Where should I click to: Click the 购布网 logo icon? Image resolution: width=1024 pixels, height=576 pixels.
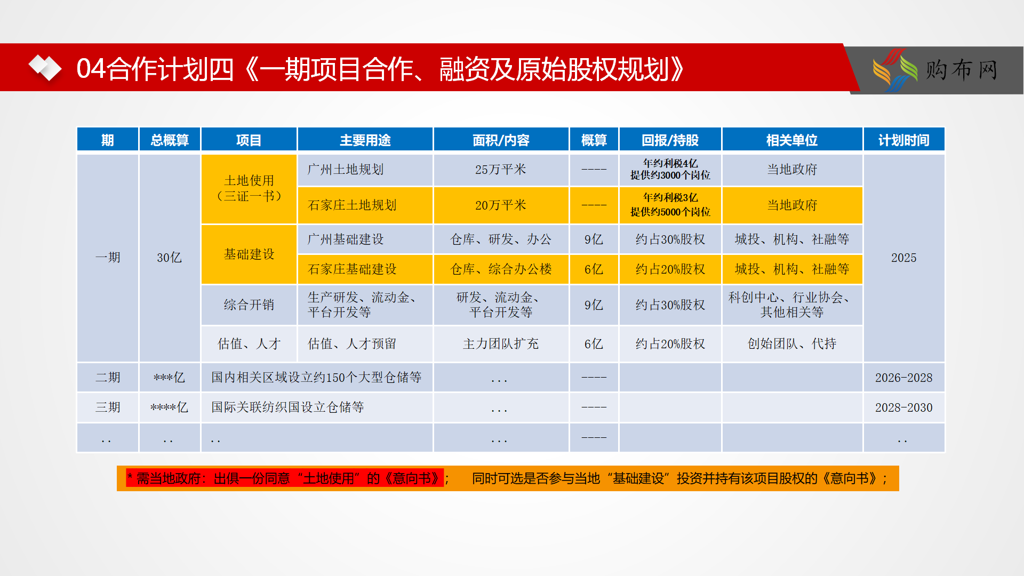(x=895, y=70)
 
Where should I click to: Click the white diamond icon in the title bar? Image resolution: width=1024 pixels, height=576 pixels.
(x=45, y=68)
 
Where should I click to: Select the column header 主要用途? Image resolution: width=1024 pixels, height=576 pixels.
(x=365, y=140)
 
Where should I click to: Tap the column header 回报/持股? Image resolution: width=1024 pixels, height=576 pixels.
(x=670, y=140)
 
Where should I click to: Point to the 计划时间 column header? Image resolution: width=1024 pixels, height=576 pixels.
(x=903, y=140)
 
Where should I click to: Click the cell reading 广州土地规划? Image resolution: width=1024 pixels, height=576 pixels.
(x=365, y=170)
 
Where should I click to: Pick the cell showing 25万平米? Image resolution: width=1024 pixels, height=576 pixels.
(x=501, y=170)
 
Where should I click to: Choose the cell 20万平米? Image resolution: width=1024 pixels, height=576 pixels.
(x=501, y=205)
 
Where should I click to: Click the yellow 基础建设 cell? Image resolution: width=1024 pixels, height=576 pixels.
(x=249, y=254)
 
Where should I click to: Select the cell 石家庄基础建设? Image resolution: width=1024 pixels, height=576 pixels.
(x=365, y=269)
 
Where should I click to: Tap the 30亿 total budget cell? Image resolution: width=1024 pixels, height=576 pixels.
(x=170, y=258)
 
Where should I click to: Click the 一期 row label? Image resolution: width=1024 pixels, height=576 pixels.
(x=108, y=258)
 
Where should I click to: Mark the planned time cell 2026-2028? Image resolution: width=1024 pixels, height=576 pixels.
(x=903, y=378)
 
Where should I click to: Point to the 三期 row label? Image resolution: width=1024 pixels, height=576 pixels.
(x=108, y=407)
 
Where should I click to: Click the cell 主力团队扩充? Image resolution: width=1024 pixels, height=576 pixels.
(x=501, y=344)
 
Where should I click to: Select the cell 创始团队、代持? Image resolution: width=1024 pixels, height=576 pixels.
(x=792, y=344)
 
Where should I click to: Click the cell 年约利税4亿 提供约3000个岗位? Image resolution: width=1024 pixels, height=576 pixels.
(x=670, y=170)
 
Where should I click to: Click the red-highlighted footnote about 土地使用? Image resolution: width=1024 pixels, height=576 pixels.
(x=285, y=478)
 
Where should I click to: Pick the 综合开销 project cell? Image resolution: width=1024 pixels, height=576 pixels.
(x=249, y=305)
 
